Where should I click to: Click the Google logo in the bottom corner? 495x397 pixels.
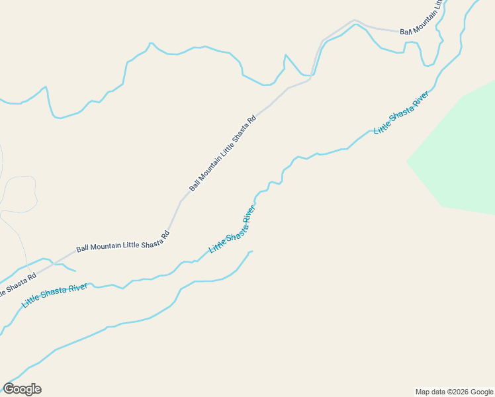(x=22, y=389)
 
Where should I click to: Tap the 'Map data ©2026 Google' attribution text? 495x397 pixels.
(x=455, y=392)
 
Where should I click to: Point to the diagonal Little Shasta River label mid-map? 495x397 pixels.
(x=232, y=230)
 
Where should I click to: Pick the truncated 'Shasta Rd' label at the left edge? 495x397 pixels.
(x=13, y=285)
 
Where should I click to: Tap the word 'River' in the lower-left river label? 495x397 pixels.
(x=77, y=288)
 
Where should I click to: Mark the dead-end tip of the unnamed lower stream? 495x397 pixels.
(x=252, y=251)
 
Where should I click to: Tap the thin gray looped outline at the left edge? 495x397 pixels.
(x=19, y=194)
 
